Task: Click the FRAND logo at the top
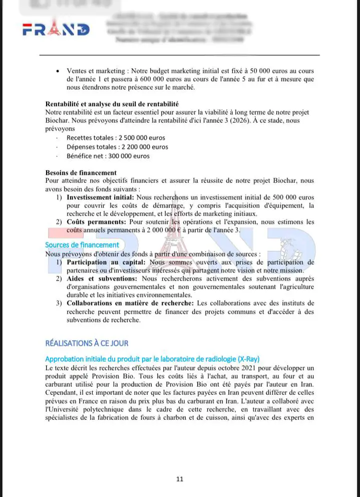(x=56, y=30)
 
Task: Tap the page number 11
(x=180, y=479)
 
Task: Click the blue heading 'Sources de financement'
(x=82, y=245)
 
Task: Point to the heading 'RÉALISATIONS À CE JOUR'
(x=87, y=343)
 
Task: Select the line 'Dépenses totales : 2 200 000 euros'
(x=117, y=147)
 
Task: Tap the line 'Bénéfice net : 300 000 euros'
(x=108, y=156)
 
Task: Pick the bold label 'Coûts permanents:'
(x=96, y=221)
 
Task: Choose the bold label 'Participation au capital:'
(x=106, y=262)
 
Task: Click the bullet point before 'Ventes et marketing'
(x=60, y=71)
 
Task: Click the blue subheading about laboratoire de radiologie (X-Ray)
(x=152, y=359)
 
